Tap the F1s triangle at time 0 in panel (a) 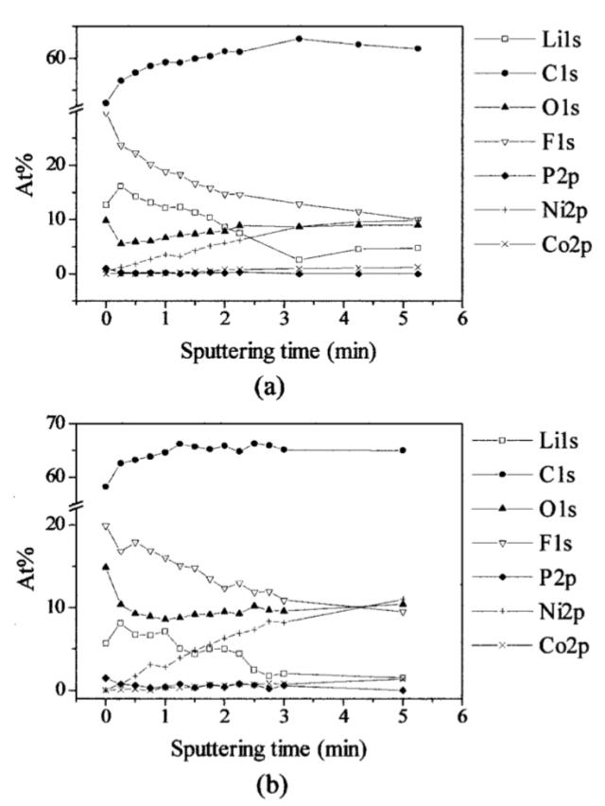[x=106, y=114]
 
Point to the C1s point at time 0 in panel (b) [x=106, y=486]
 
